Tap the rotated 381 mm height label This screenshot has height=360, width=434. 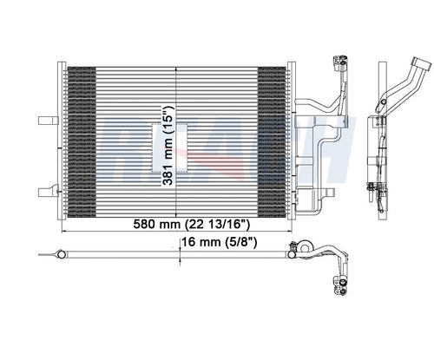click(168, 146)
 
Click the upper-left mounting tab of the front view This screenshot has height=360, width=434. click(48, 121)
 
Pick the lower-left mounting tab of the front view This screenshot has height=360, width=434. click(49, 191)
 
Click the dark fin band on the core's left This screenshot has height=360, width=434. click(82, 142)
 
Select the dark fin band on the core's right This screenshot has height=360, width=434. click(272, 142)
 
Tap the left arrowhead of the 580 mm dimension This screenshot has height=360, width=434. click(64, 231)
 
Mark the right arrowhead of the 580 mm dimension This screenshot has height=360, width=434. click(290, 231)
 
